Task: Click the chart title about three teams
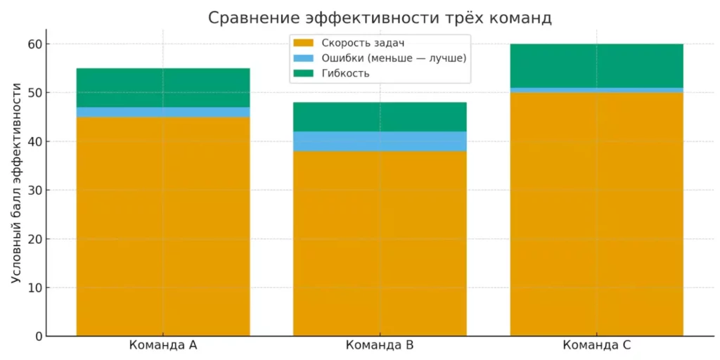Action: tap(380, 18)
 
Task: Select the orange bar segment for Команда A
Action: tap(163, 225)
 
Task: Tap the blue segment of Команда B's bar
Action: tap(380, 141)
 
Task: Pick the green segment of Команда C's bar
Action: tap(596, 66)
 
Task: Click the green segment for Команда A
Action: tap(163, 88)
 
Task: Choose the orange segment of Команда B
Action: tap(380, 243)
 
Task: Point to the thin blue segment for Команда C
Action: tap(596, 90)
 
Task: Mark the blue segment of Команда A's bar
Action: tap(163, 112)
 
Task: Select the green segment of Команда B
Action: tap(380, 117)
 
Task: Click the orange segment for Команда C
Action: tap(596, 214)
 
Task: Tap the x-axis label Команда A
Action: tap(163, 346)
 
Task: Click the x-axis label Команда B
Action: tap(380, 346)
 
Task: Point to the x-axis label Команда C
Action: tap(596, 346)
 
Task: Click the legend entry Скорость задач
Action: tap(359, 44)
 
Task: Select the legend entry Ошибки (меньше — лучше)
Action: tap(390, 58)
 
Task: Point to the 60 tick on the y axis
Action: tap(36, 44)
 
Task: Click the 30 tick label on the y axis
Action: tap(36, 191)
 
